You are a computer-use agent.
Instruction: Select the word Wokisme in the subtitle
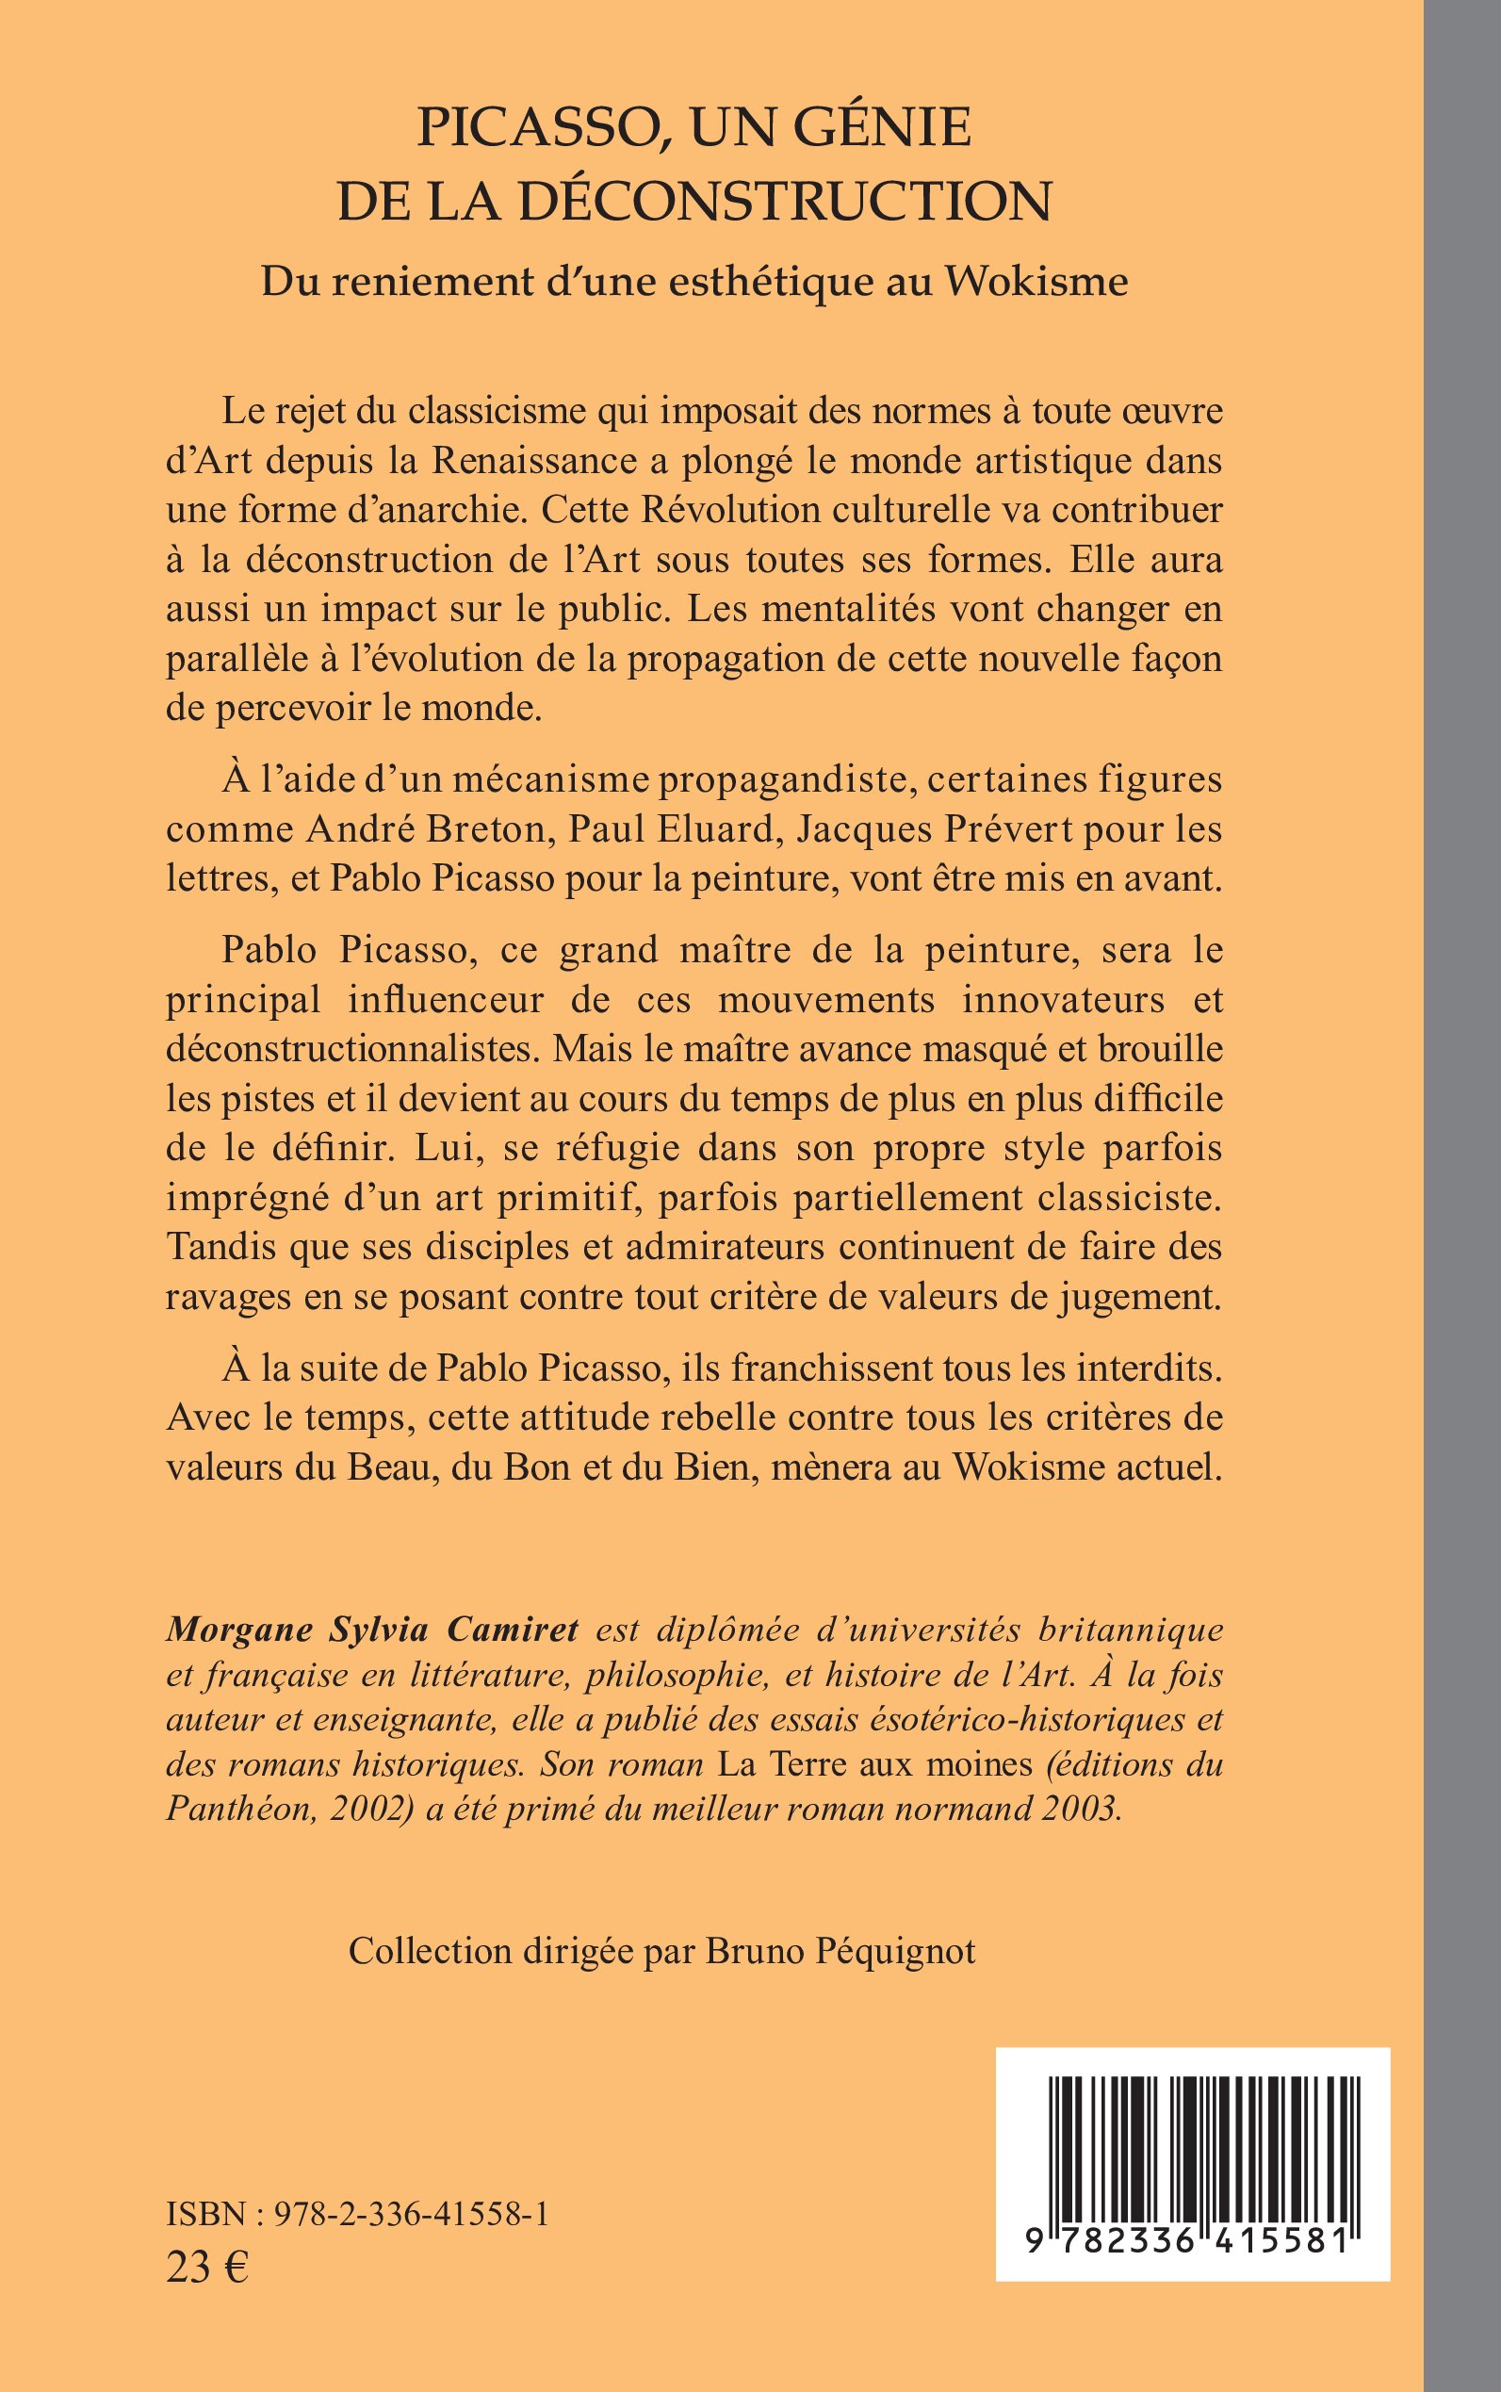(1036, 282)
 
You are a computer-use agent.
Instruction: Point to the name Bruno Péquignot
(840, 1951)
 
